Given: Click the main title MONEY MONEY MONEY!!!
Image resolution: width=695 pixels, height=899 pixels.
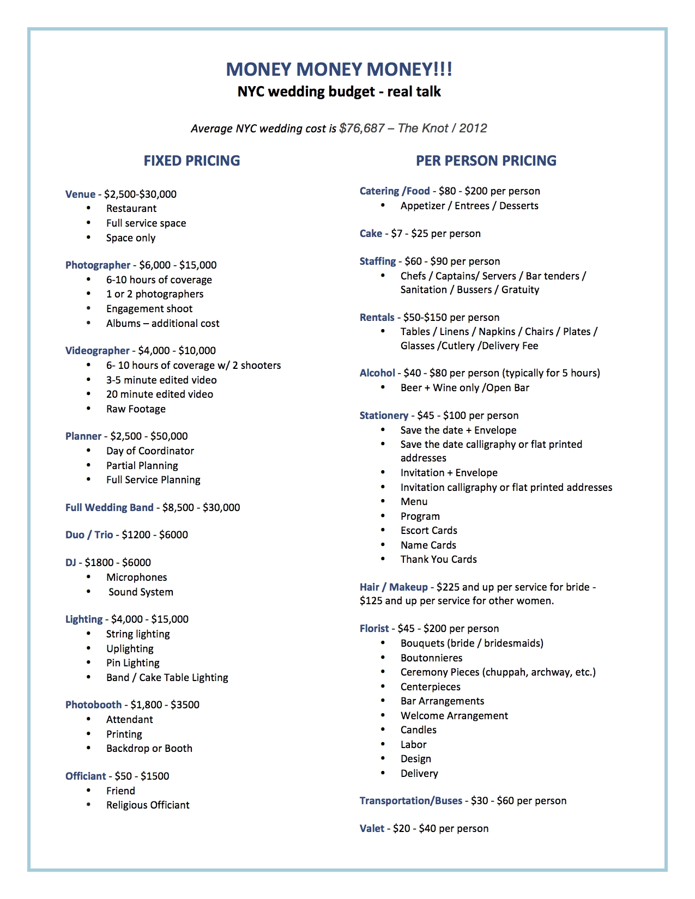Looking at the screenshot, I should point(339,69).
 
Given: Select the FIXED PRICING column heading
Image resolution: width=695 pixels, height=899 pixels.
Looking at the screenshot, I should point(192,161).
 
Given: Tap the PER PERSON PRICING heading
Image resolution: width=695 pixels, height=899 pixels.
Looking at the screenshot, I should point(486,161).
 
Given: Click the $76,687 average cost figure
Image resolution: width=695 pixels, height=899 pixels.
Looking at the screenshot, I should point(362,129).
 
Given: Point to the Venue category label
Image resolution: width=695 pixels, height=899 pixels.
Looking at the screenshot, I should point(80,195).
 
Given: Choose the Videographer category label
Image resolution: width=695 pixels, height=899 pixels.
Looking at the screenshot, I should point(98,351).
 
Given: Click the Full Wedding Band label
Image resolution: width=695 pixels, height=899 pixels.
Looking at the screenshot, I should point(110,508).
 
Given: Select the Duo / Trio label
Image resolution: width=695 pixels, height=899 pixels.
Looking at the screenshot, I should point(89,535).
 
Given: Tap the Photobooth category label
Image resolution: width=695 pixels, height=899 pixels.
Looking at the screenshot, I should point(93,705).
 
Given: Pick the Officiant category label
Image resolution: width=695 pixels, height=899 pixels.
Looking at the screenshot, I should point(86,776).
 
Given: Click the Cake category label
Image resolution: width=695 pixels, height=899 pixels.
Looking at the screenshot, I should point(371,234).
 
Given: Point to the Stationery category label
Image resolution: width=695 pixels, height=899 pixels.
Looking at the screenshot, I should point(384,416).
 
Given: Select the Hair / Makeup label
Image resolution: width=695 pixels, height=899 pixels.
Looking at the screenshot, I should point(394,587).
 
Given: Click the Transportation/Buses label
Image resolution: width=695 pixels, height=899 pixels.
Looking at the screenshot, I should point(411,801).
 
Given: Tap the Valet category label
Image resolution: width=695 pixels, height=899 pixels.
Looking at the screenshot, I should point(372,829).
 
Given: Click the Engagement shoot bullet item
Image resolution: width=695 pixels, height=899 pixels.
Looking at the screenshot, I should point(149,309).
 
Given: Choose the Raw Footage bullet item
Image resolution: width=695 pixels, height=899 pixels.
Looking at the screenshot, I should point(136,409).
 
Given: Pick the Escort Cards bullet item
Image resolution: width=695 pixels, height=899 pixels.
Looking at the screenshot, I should point(429,531).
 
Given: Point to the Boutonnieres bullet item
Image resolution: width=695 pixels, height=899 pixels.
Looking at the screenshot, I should point(431,658).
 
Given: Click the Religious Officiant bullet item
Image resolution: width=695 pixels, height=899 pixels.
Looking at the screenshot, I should point(148,805).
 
